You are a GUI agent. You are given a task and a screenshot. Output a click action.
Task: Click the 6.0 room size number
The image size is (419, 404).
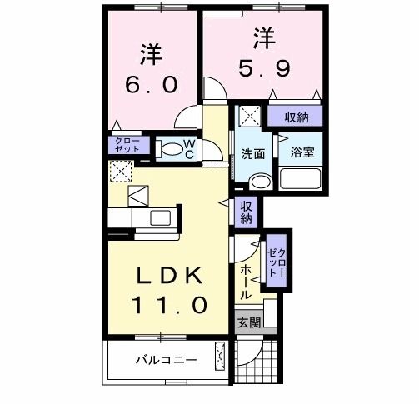coord(150,85)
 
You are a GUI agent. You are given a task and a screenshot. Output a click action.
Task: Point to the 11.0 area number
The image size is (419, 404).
coord(167,305)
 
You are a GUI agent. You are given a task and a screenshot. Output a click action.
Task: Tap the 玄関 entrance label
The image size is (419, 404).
coord(248,323)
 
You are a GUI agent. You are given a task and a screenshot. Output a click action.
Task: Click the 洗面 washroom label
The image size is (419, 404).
coord(253,154)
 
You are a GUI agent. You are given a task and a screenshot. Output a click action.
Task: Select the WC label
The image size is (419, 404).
coord(189,149)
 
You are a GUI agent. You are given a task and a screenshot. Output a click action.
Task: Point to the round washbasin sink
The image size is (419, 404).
coord(262,182)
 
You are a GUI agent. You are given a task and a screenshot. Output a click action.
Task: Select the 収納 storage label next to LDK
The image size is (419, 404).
coord(247,212)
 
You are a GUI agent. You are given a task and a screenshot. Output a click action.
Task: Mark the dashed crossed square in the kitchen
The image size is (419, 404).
coord(120,172)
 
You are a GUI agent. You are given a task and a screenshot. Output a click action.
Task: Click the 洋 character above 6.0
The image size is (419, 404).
coord(150,53)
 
